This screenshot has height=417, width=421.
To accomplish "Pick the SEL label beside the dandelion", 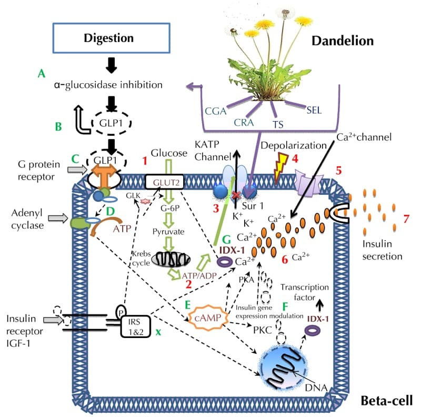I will [314, 110].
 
